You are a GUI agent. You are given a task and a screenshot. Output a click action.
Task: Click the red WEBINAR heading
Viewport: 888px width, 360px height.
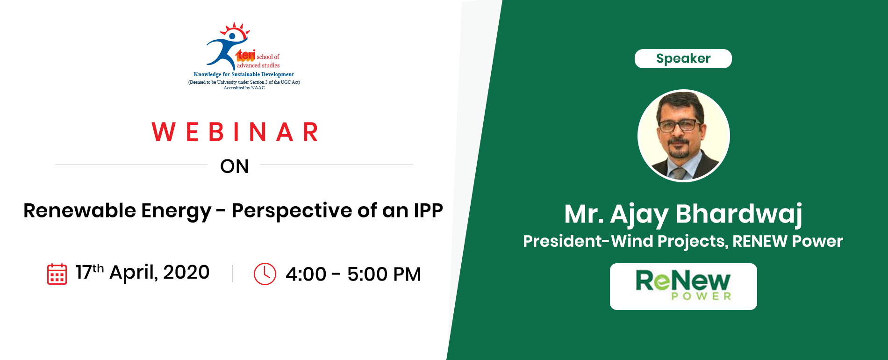tap(235, 132)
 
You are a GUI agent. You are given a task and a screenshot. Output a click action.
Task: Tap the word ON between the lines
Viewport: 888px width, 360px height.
tap(235, 166)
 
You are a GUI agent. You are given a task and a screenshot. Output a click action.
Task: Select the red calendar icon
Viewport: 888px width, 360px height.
tap(57, 274)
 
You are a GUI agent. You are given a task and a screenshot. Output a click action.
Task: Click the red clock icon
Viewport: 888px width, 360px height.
tap(265, 274)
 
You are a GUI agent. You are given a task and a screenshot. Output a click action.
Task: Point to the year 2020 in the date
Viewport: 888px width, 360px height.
tap(186, 272)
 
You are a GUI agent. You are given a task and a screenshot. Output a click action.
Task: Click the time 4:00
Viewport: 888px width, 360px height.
tap(306, 274)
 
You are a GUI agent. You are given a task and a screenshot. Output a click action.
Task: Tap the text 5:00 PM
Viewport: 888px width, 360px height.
tap(384, 274)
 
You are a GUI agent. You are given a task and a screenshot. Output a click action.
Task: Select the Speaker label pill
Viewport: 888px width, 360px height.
tap(683, 58)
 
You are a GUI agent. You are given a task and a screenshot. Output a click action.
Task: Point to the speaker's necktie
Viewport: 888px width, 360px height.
tap(678, 174)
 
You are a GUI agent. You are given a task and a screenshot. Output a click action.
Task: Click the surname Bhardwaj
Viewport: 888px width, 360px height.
tap(739, 214)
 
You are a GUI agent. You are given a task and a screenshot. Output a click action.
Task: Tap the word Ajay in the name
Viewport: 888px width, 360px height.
tap(639, 215)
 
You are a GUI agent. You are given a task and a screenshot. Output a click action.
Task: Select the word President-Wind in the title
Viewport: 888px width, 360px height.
tap(588, 241)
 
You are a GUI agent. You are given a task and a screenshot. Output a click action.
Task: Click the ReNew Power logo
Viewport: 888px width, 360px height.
tap(683, 286)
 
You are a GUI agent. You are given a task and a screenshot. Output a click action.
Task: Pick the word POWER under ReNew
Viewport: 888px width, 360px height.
tap(701, 296)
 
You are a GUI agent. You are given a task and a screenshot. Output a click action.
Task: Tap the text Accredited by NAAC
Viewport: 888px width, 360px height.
tap(244, 88)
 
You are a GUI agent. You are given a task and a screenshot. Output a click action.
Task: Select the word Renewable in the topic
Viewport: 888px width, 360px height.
tap(80, 210)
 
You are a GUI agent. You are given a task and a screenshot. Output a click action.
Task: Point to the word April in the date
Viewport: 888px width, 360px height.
tap(134, 273)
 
